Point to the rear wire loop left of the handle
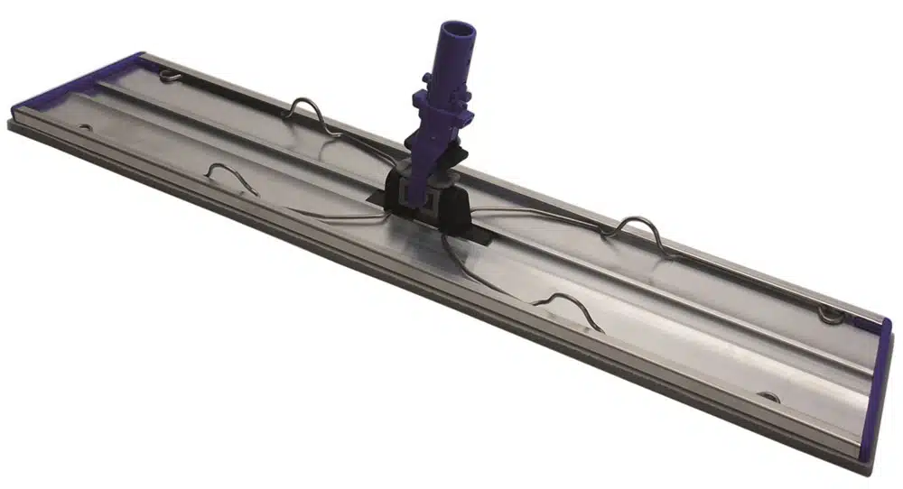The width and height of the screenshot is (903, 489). pyautogui.click(x=306, y=113)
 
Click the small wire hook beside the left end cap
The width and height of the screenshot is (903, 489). pyautogui.click(x=167, y=75)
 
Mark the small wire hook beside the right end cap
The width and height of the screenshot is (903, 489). pyautogui.click(x=830, y=314)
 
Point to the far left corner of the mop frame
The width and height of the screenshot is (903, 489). pyautogui.click(x=11, y=123)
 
